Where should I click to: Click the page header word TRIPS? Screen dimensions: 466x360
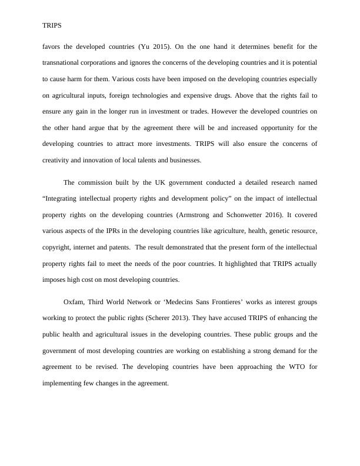52,26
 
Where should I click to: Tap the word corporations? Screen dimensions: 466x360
111,62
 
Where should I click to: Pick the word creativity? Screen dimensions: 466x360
57,159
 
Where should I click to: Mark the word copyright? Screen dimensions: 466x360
58,247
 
